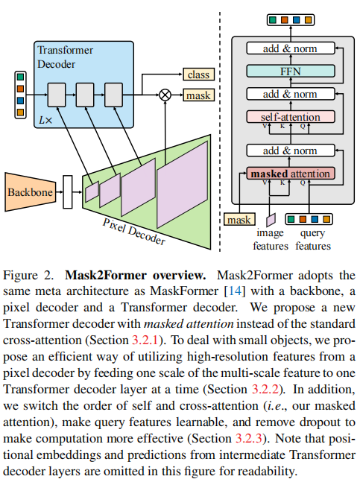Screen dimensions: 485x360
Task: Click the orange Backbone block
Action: point(29,191)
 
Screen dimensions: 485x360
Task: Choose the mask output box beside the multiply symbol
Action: point(198,95)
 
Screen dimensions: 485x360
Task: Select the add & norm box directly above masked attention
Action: point(289,150)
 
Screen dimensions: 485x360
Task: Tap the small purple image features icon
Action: point(270,218)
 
